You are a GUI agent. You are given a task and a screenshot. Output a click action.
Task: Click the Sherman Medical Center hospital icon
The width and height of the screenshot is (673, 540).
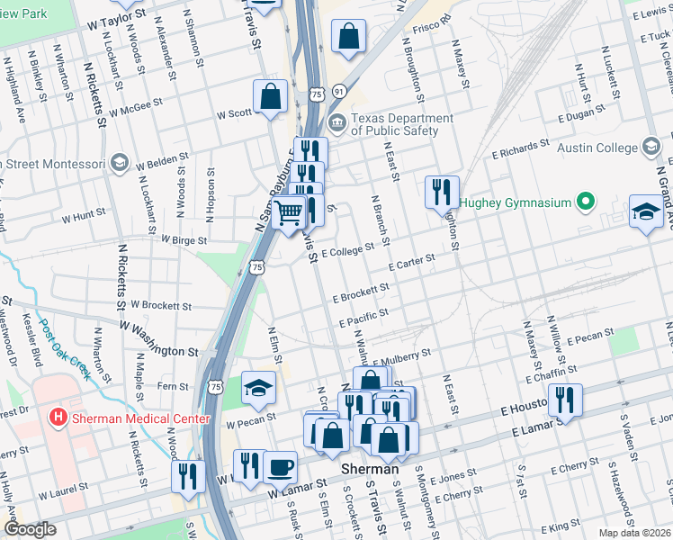tap(58, 418)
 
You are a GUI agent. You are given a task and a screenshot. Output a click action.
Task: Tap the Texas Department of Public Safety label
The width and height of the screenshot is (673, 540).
tap(401, 124)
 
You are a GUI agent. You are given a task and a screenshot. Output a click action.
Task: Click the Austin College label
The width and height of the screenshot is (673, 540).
tap(599, 148)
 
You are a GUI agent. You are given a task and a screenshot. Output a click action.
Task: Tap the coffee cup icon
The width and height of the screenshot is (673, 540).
tap(281, 468)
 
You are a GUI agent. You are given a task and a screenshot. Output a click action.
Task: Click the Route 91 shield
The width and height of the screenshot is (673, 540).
tap(338, 92)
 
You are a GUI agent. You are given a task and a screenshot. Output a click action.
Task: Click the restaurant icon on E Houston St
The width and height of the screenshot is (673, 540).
tap(565, 400)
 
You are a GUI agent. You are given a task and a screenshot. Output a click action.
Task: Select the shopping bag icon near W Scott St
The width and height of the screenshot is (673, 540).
tap(270, 97)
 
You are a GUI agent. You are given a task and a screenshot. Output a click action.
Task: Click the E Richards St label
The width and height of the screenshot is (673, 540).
tap(520, 149)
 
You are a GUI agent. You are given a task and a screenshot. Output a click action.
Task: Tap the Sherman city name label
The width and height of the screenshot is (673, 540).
tap(371, 469)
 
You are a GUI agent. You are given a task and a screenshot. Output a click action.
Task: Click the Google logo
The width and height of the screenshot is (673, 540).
tap(31, 529)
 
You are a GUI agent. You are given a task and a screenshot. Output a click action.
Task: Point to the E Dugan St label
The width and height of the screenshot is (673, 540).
tap(586, 114)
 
